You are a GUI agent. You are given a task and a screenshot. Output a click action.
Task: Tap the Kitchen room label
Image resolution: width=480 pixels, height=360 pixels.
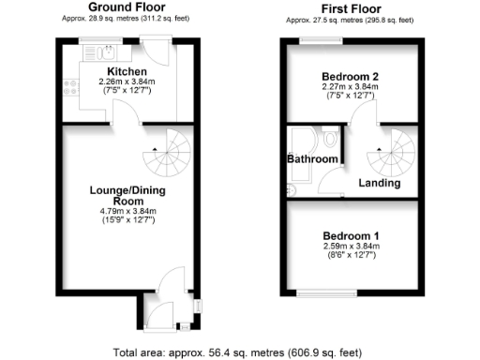coord(126,72)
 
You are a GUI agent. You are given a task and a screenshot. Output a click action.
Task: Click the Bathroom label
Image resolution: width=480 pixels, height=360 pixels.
coord(312,159)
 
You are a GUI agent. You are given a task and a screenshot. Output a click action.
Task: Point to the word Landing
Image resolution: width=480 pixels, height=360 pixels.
coord(380,183)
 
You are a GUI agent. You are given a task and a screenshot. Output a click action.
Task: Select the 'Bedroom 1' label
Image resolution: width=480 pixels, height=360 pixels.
coord(349,234)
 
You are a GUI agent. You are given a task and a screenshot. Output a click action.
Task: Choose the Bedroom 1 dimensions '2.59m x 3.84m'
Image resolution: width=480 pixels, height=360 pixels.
coord(349,246)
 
